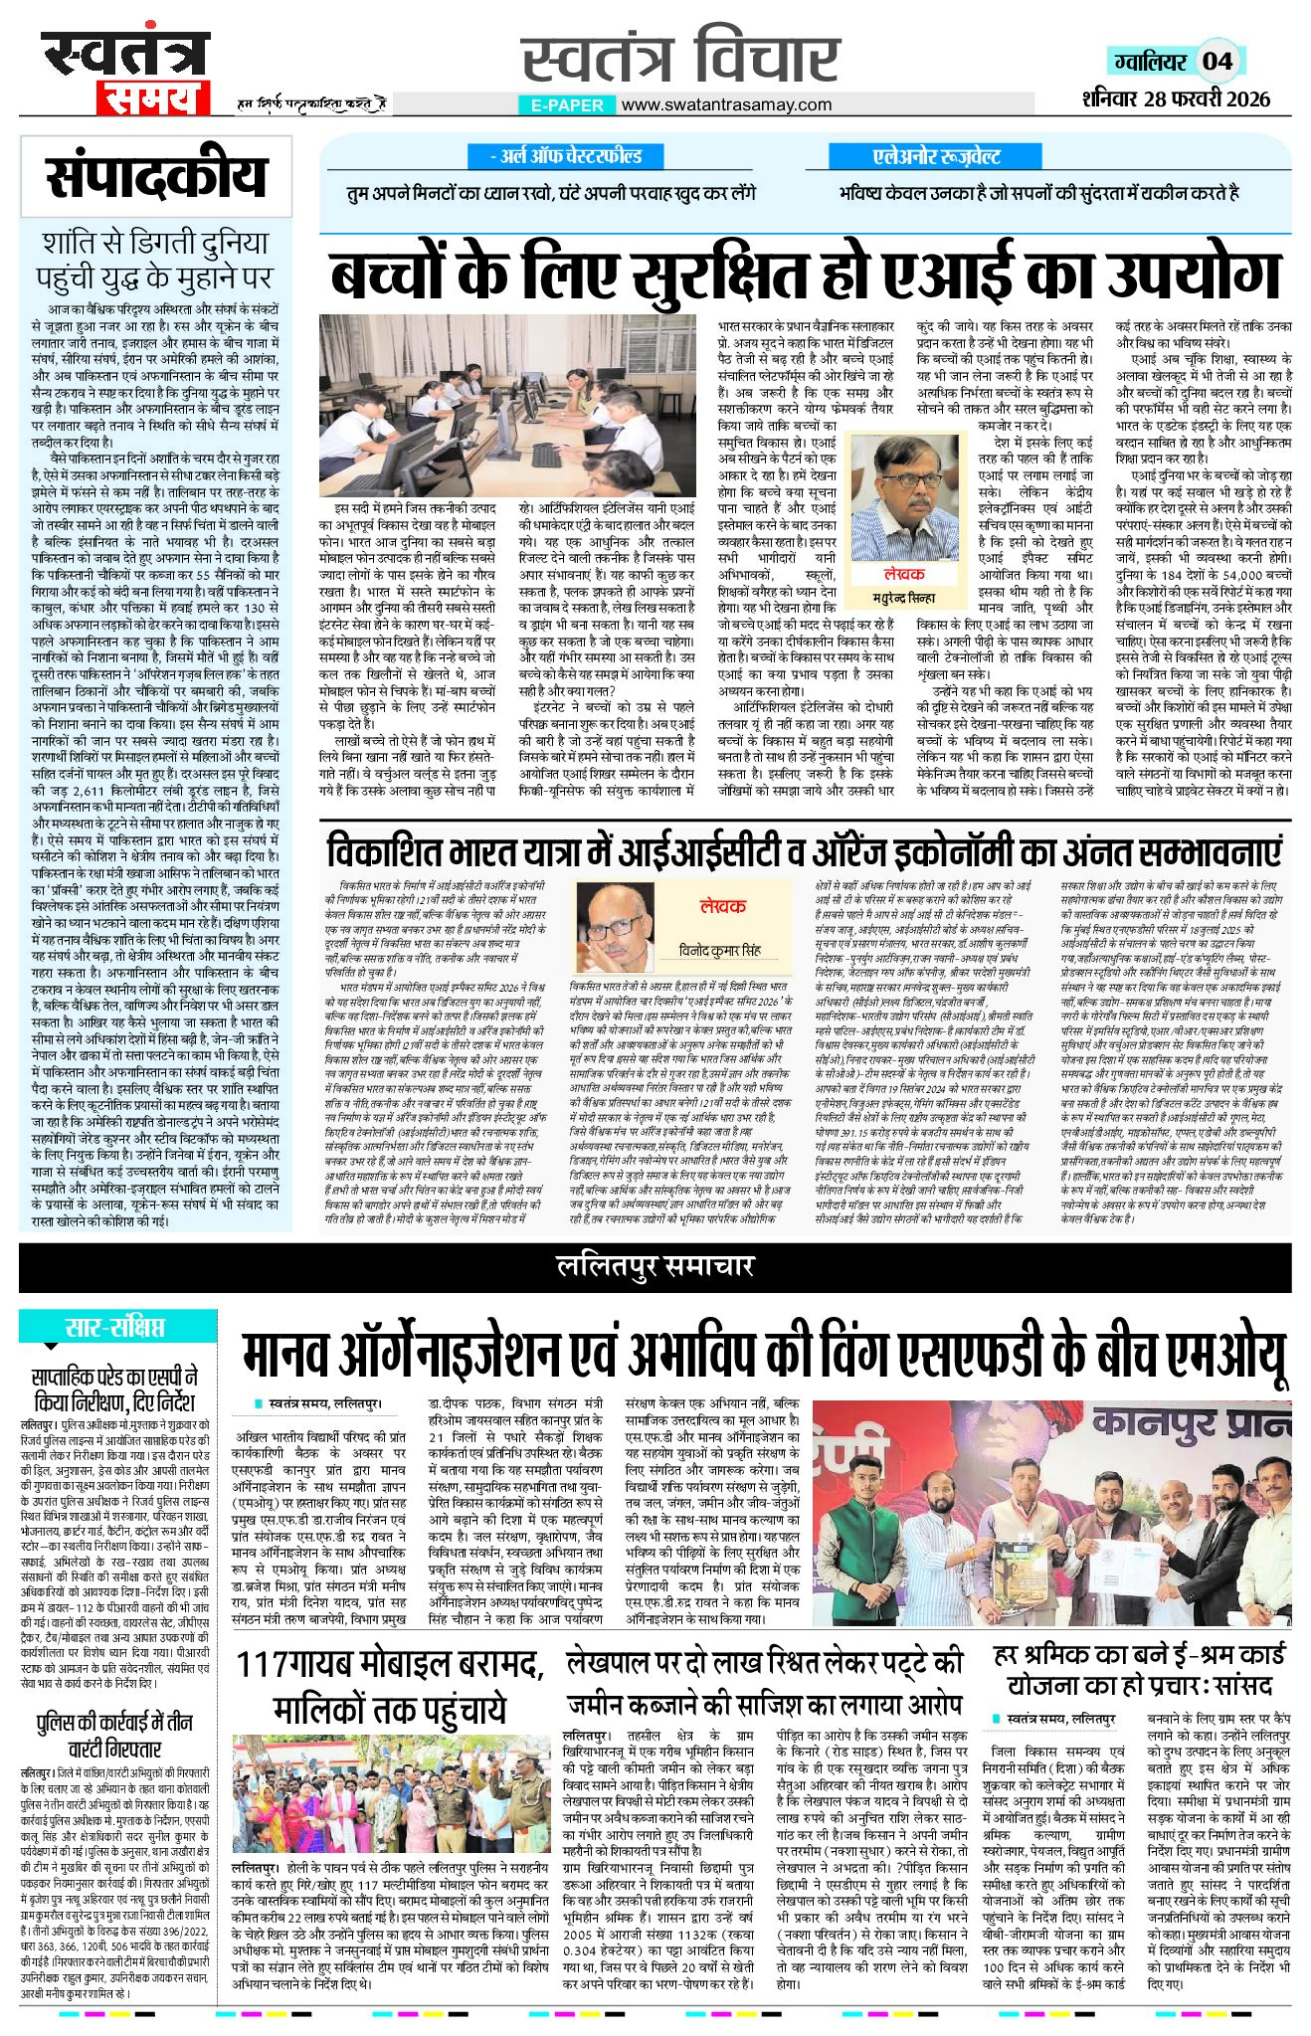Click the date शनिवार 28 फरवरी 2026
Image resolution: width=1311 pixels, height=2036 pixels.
tap(1178, 98)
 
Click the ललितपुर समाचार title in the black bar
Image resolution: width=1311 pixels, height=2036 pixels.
tap(655, 1265)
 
